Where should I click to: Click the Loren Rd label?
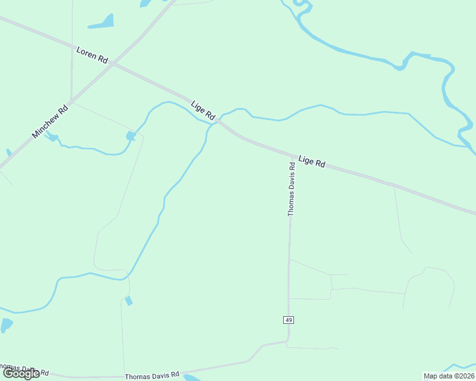[x=92, y=55]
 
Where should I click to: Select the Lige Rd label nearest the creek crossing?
[x=203, y=110]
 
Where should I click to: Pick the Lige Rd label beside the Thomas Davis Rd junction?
[x=312, y=161]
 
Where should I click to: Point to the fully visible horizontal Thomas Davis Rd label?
[x=152, y=376]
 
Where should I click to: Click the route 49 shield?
[x=289, y=320]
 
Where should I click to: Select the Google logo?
[x=22, y=373]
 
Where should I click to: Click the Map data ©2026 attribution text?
[x=449, y=376]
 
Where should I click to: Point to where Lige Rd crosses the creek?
[x=216, y=121]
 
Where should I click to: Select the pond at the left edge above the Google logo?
[x=6, y=325]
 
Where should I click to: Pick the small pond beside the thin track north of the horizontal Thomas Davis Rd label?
[x=129, y=300]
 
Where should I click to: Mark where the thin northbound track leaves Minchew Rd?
[x=71, y=100]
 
